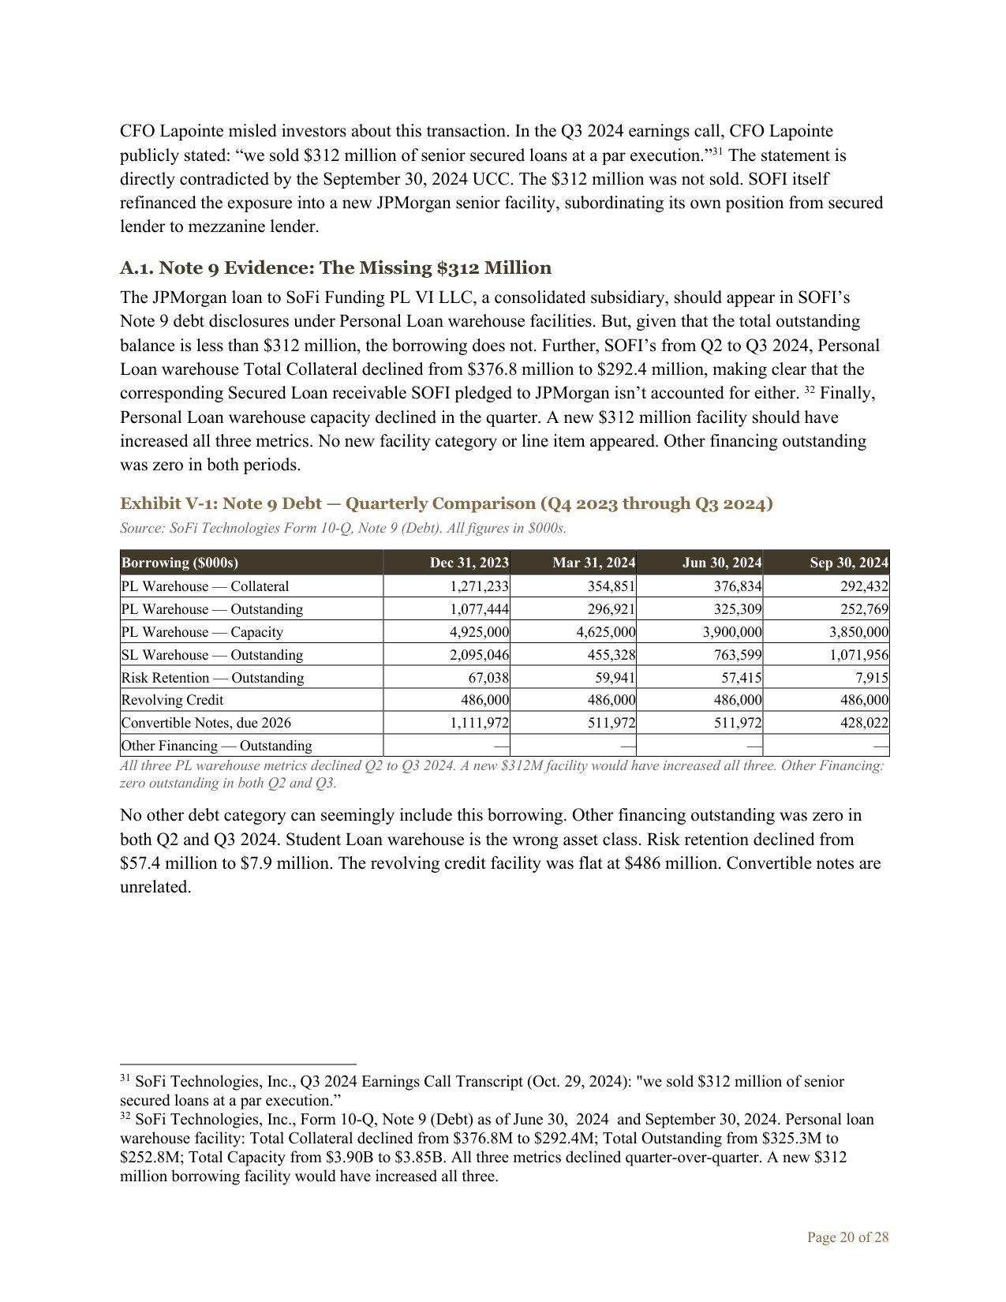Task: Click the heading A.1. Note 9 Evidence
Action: point(335,268)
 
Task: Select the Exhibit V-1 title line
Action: point(446,503)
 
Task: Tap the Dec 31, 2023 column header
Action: point(469,563)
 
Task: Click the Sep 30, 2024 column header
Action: point(848,563)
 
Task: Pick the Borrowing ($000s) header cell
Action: point(180,563)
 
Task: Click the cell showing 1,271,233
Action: point(479,586)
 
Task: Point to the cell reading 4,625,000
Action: point(605,632)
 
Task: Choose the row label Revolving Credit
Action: point(172,700)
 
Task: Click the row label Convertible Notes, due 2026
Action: point(206,723)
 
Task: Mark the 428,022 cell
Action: point(864,723)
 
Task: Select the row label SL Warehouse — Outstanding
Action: point(211,655)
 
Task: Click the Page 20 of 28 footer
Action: point(847,1237)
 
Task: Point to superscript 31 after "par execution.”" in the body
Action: point(718,152)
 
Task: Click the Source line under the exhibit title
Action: point(342,528)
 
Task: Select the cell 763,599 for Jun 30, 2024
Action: point(737,655)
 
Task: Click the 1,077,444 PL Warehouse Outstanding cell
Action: point(479,609)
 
